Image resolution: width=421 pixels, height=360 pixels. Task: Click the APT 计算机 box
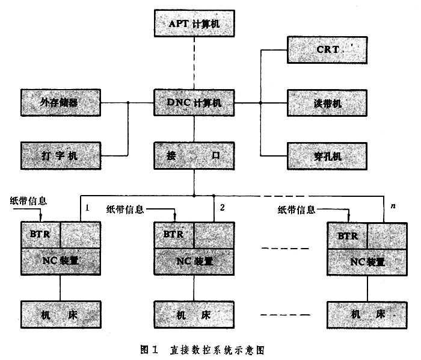194,25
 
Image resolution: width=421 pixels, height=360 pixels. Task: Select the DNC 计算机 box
194,103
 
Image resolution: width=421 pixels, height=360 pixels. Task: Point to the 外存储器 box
60,103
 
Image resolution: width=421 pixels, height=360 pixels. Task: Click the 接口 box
194,156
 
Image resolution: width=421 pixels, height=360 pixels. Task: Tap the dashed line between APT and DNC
194,64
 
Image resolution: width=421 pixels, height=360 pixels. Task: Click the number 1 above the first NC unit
88,208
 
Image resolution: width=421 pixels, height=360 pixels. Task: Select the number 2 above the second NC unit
222,208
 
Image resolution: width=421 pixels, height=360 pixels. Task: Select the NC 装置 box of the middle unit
194,261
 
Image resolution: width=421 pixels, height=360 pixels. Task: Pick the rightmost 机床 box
364,314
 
